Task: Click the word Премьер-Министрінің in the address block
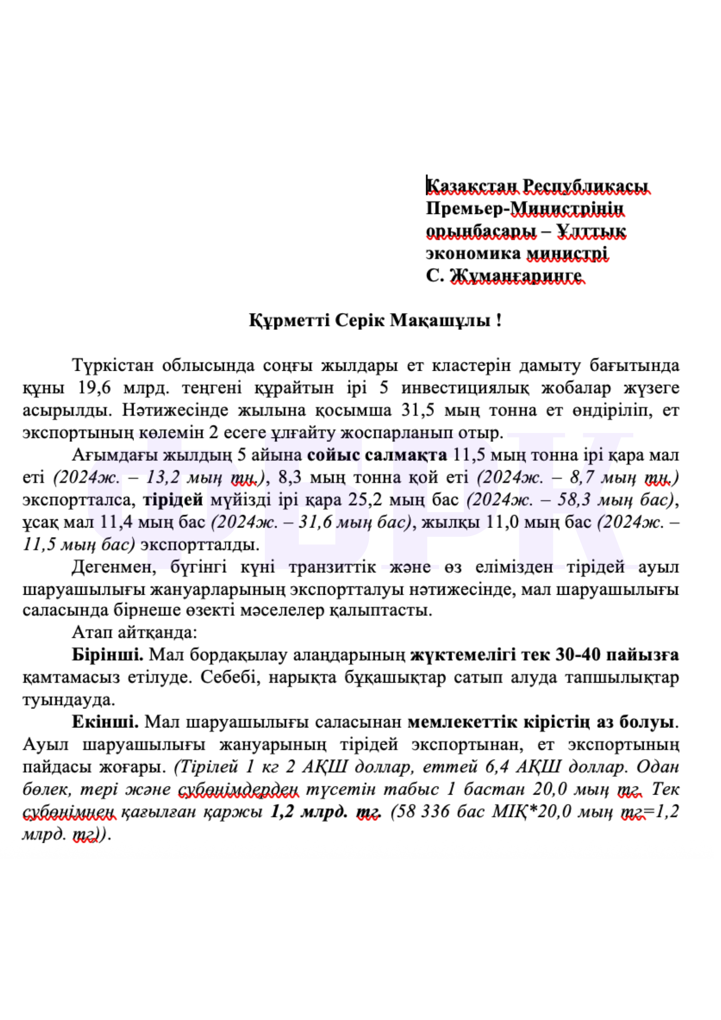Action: point(525,209)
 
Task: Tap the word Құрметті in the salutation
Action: point(289,320)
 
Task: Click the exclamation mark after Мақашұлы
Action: point(499,320)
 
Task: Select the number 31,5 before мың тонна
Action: point(416,410)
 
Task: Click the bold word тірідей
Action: point(173,500)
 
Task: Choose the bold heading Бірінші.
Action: point(108,655)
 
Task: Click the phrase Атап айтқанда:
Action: point(134,632)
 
